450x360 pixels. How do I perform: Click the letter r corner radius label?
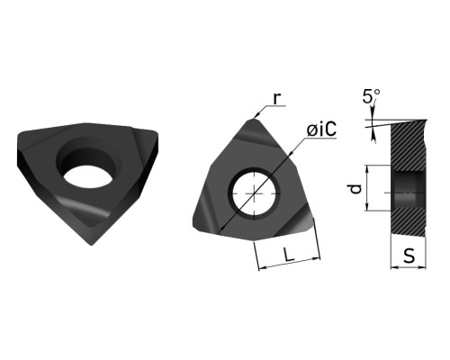tap(277, 98)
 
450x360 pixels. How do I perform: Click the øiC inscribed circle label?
tap(321, 130)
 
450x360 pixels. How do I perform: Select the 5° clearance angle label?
tap(371, 96)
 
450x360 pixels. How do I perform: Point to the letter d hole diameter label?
tap(355, 189)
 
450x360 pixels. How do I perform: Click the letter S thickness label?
tap(409, 256)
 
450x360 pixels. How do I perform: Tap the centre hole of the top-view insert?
tap(255, 193)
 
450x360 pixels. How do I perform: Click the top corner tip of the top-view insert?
tap(254, 120)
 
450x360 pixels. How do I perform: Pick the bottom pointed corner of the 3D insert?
tap(92, 245)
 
